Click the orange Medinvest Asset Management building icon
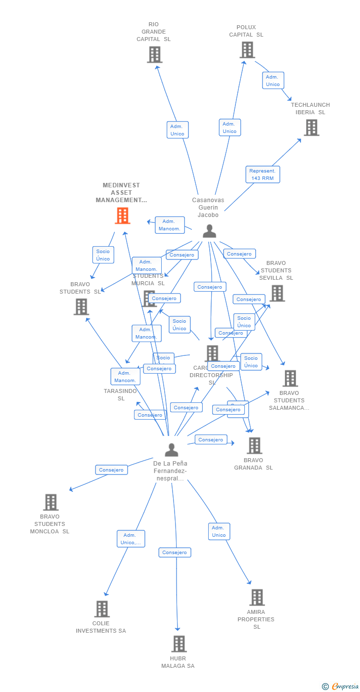click(122, 216)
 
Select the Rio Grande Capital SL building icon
click(154, 54)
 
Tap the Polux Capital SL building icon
click(247, 50)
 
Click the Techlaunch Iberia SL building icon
click(311, 128)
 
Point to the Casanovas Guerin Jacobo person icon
click(210, 231)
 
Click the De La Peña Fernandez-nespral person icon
click(172, 450)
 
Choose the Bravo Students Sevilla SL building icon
click(277, 293)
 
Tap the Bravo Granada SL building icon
click(254, 446)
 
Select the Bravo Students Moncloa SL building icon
click(50, 502)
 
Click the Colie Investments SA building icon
click(102, 609)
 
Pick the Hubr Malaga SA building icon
click(179, 644)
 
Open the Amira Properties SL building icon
click(257, 598)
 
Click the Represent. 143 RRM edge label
click(263, 174)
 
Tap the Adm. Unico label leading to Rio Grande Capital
click(177, 130)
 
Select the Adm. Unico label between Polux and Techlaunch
click(273, 81)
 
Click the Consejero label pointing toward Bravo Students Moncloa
click(111, 470)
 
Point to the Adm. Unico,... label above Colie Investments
click(131, 539)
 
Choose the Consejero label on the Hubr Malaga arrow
click(175, 552)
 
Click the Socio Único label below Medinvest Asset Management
click(103, 255)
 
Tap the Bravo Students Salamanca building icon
click(290, 379)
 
